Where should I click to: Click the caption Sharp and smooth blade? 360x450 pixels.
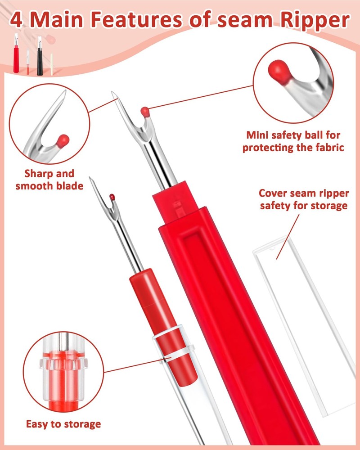(49, 179)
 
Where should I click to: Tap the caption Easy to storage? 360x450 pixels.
(63, 423)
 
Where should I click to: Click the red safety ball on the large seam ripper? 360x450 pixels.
(144, 111)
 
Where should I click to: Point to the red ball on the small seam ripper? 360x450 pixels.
(112, 196)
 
